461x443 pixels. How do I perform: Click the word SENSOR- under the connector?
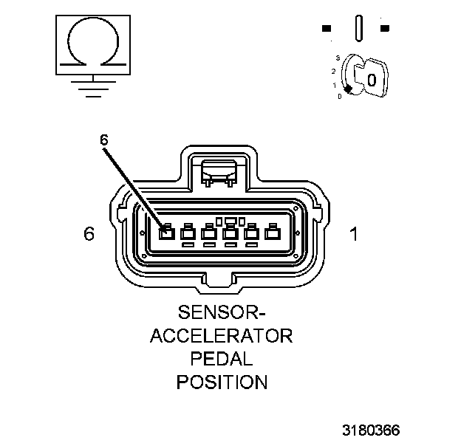221,313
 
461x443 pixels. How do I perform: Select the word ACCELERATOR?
222,336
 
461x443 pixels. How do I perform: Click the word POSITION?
221,382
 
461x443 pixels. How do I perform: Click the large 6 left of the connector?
89,234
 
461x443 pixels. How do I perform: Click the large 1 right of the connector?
354,234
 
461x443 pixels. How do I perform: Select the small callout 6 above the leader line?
104,139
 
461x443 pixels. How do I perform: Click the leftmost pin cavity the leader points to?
166,233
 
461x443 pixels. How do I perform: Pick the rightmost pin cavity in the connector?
272,233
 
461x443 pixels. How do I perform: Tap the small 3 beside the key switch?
338,57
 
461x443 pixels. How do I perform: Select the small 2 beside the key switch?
334,72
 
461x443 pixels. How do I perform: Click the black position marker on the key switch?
348,89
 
